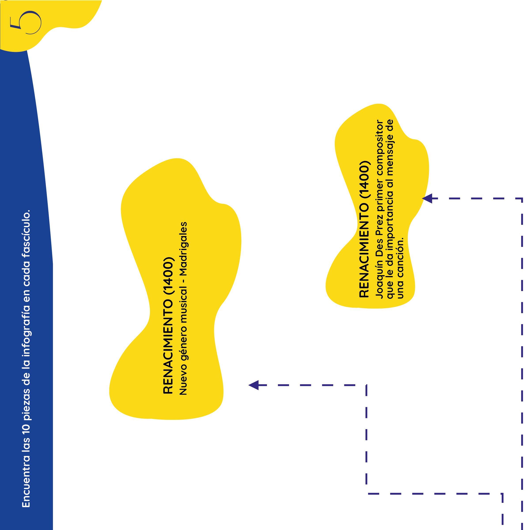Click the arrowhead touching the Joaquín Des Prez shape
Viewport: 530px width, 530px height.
[x=427, y=198]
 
